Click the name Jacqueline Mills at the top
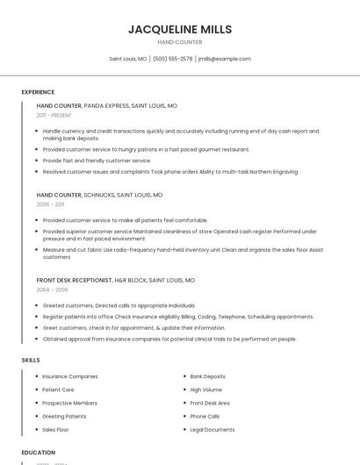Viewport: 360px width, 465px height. (180, 29)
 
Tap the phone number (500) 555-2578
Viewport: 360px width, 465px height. (172, 59)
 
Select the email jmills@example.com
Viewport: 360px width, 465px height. (225, 59)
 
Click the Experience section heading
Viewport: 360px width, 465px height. (38, 92)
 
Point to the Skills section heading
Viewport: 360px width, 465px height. (31, 360)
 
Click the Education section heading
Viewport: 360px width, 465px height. (39, 453)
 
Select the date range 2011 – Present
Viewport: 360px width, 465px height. (54, 115)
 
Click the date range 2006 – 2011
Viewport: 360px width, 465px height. (50, 204)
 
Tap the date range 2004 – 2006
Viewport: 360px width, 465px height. (52, 289)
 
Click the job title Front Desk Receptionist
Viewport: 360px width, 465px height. (75, 280)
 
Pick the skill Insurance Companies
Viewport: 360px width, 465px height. (70, 376)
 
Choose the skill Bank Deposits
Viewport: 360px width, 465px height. (207, 376)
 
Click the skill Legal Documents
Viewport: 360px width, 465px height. (212, 430)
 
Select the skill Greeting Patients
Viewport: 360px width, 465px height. (64, 416)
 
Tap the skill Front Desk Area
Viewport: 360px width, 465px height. (210, 403)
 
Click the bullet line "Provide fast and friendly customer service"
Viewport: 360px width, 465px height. (97, 161)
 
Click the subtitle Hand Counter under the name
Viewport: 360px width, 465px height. (180, 42)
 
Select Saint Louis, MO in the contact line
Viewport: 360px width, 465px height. (127, 59)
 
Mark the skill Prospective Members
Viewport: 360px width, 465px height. (69, 403)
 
